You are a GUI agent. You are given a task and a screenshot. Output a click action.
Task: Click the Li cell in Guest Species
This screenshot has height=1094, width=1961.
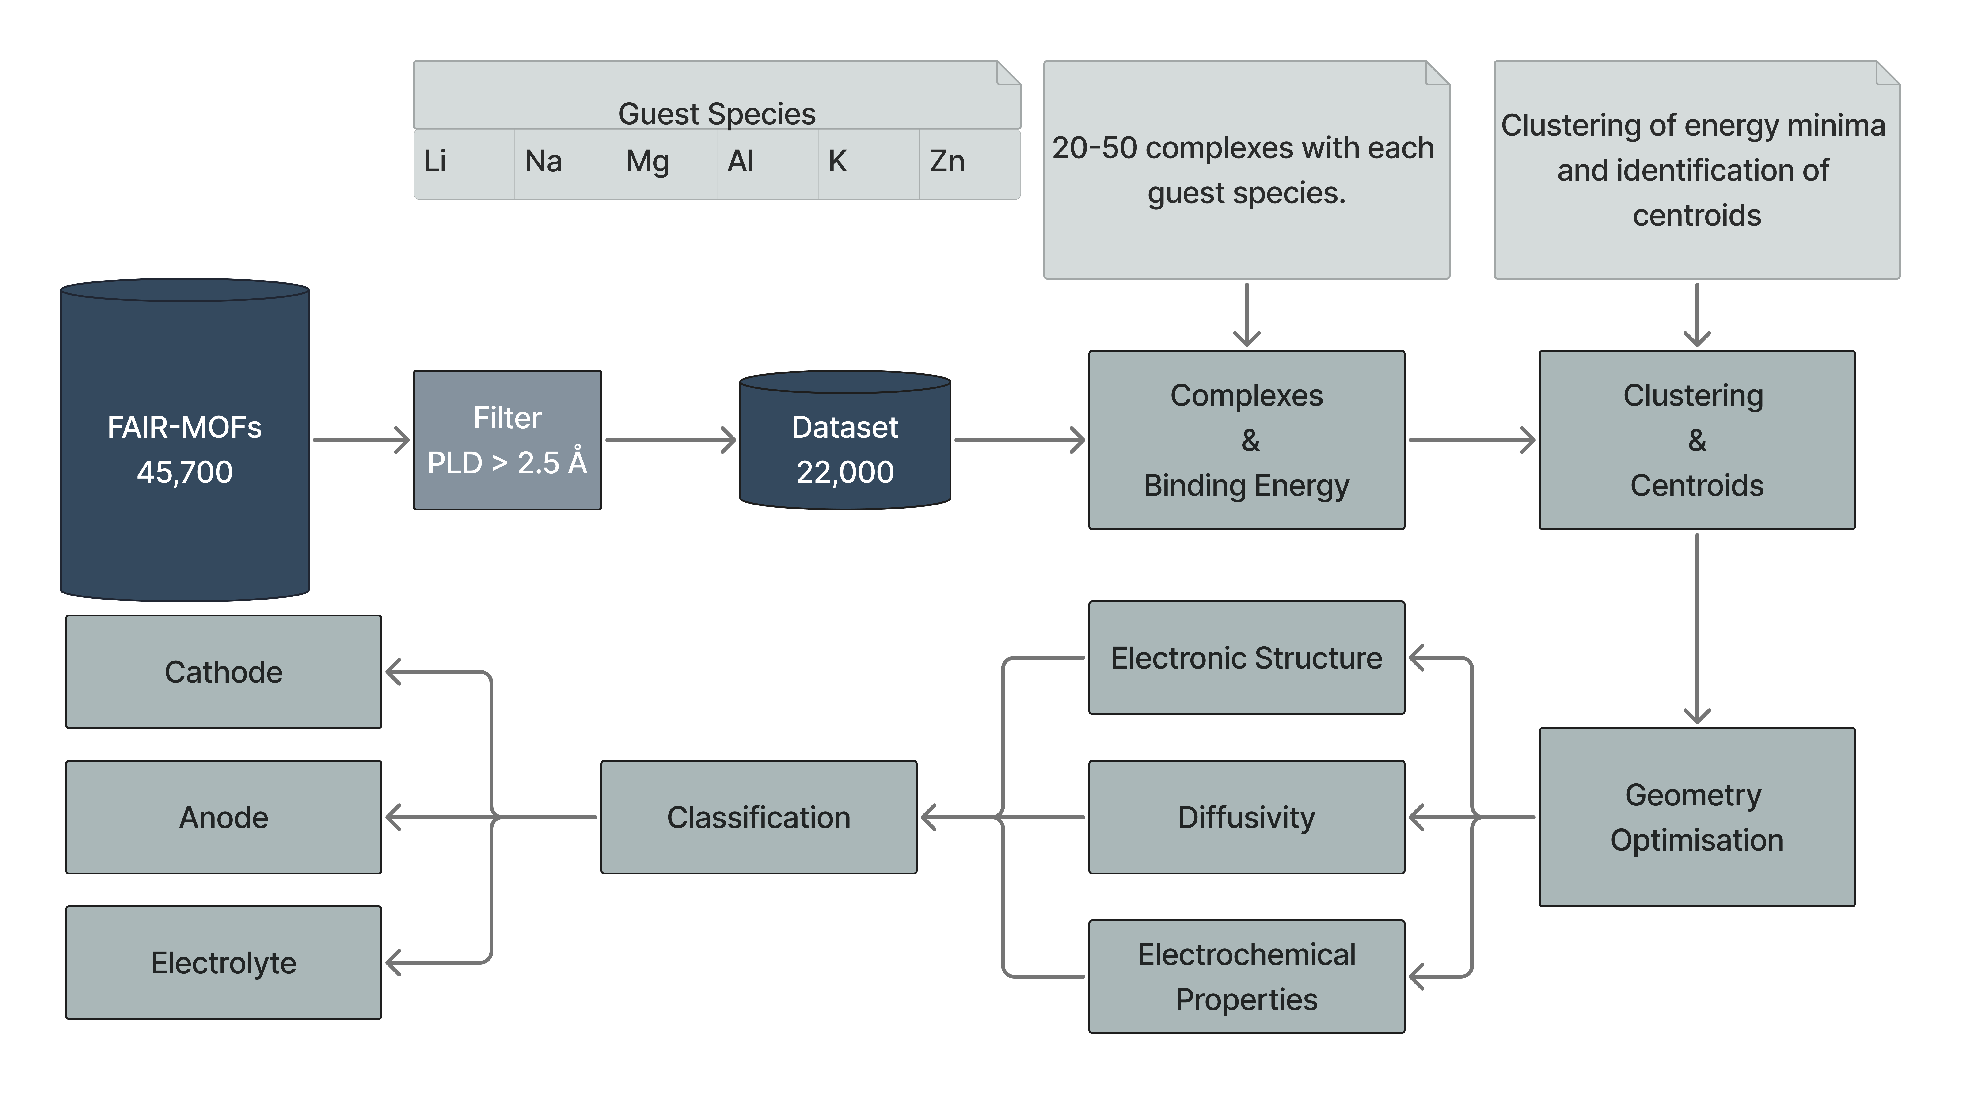[x=464, y=163]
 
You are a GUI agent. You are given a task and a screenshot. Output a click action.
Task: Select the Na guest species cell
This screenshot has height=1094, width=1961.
[x=565, y=163]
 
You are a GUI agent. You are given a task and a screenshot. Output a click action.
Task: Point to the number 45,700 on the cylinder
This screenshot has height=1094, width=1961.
[x=185, y=472]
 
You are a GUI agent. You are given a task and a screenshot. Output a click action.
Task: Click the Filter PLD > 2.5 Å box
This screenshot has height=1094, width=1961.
[x=507, y=440]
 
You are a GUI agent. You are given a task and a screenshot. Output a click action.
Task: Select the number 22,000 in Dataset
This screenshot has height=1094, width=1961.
[x=845, y=472]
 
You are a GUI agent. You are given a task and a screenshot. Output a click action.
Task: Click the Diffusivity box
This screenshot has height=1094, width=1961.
[x=1246, y=817]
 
